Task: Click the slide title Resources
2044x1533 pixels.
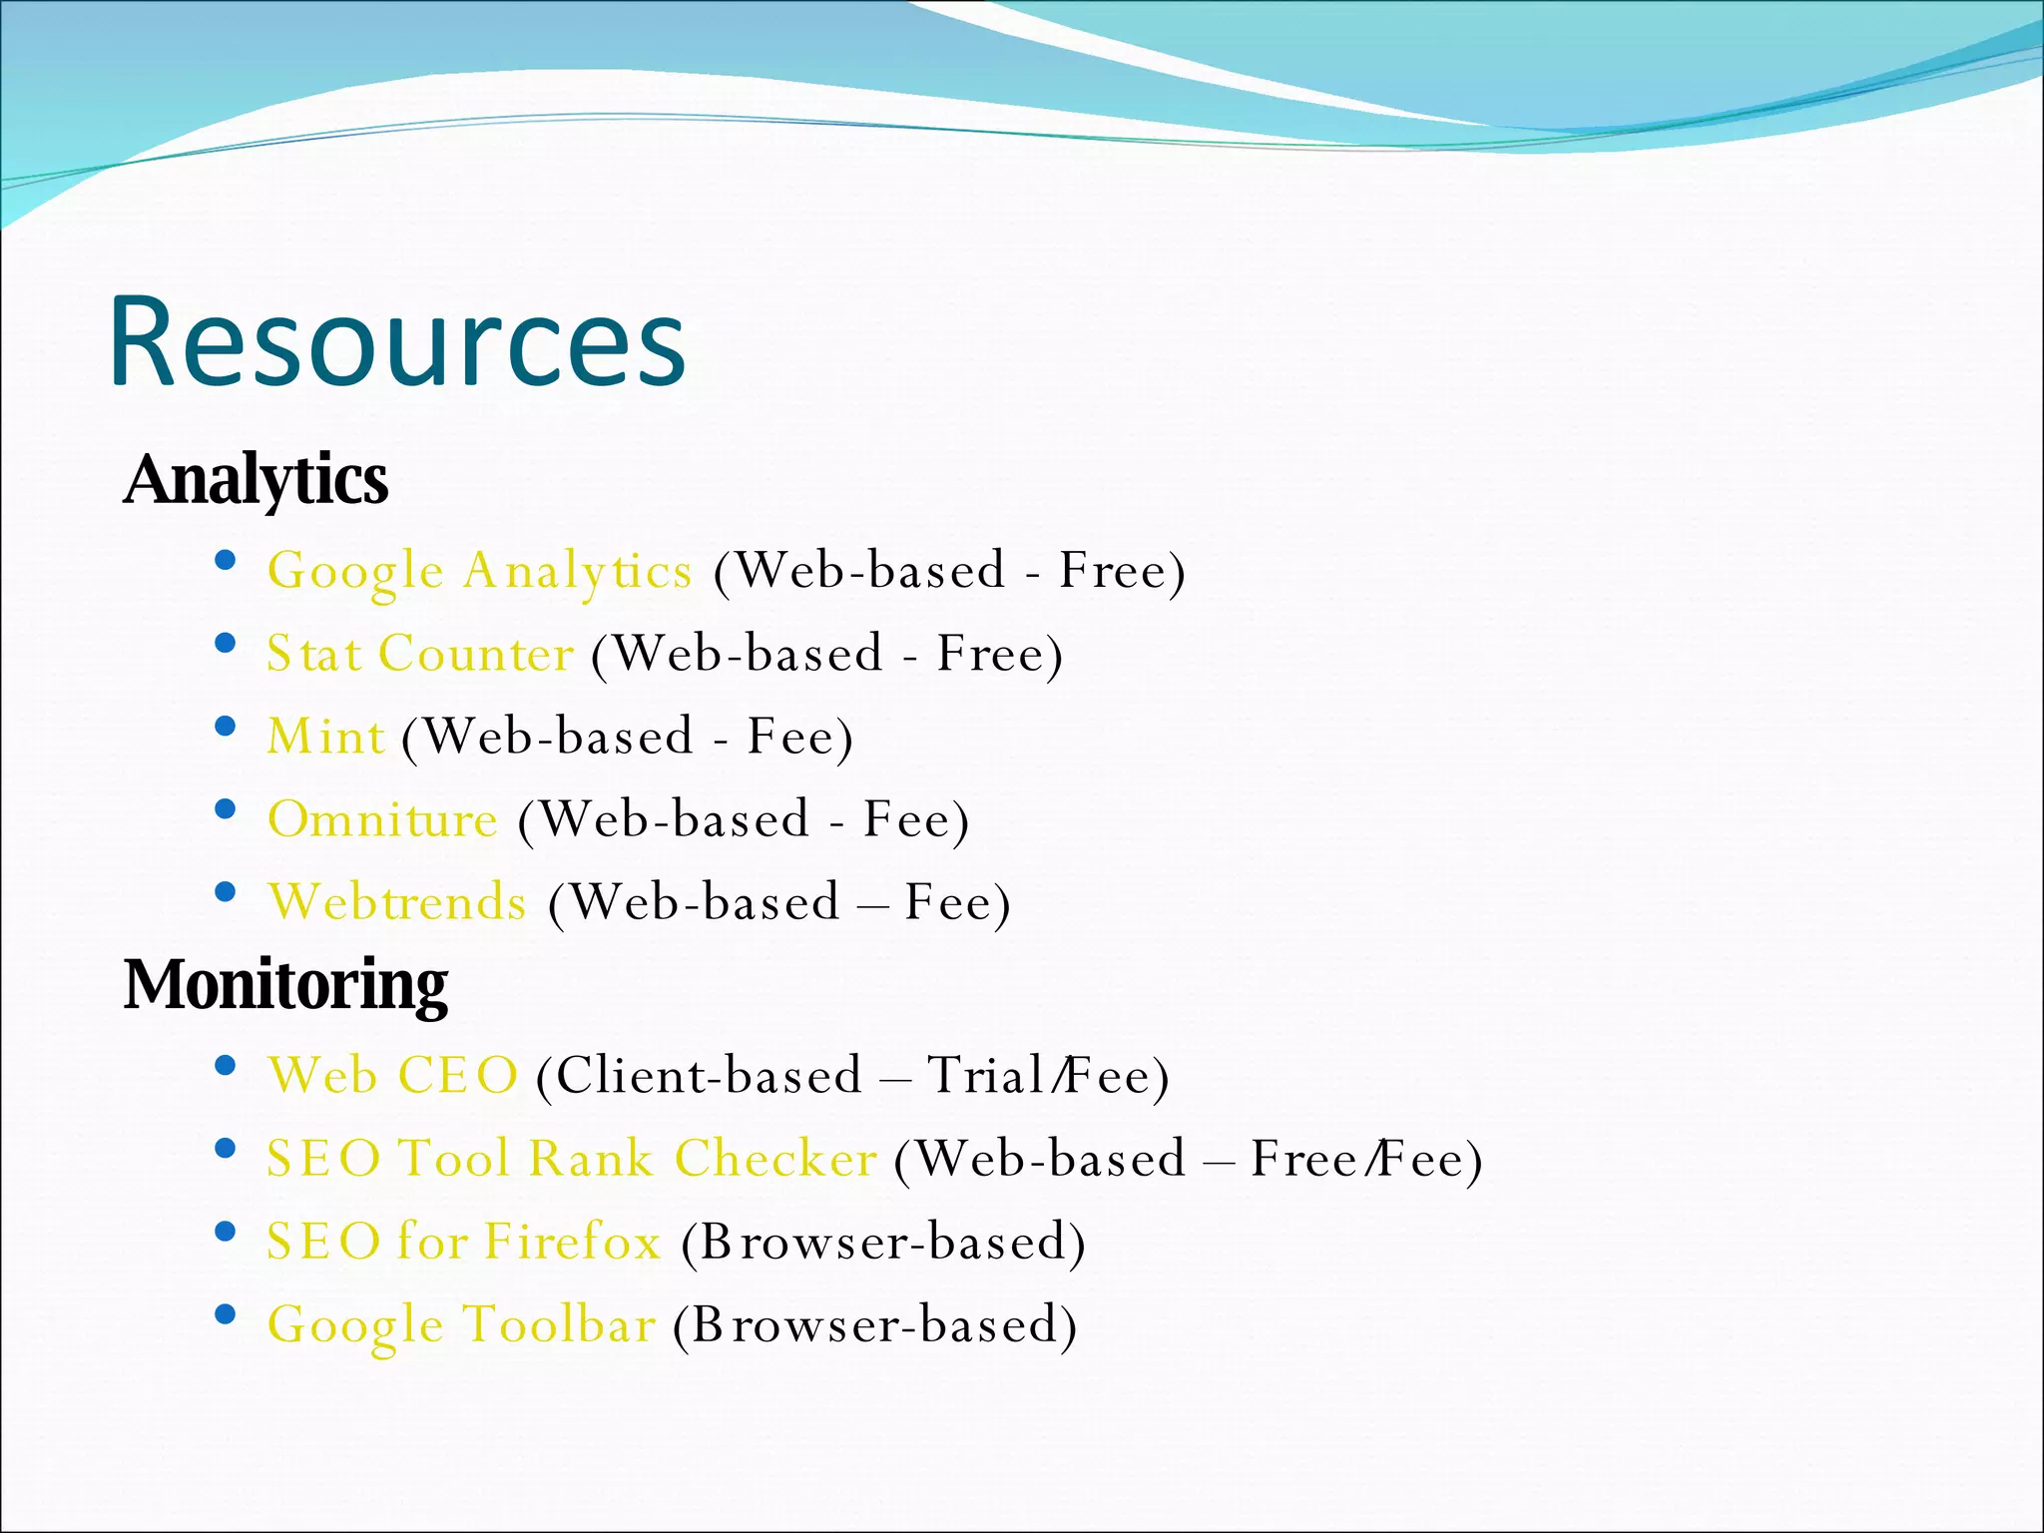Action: point(396,341)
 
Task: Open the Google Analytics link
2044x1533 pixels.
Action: point(479,572)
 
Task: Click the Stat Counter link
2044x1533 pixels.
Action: point(419,655)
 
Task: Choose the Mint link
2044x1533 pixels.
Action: point(325,738)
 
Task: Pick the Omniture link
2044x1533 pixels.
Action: point(382,820)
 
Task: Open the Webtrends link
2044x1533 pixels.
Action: point(396,903)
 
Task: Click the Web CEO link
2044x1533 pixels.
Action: point(392,1076)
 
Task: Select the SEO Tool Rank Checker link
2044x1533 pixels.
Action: point(571,1159)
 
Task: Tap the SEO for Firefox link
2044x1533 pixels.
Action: point(463,1242)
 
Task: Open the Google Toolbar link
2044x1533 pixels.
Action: point(461,1325)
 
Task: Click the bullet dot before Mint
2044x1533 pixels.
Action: point(226,726)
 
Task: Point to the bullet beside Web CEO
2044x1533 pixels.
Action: point(226,1065)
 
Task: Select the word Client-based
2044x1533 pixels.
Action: point(709,1076)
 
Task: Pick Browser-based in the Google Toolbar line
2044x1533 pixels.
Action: point(874,1325)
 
